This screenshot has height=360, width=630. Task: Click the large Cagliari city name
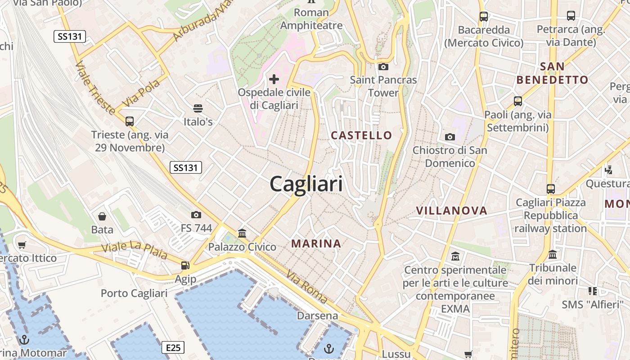[306, 184]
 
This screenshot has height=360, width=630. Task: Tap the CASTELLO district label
[361, 135]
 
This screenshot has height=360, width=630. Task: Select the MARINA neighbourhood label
[316, 243]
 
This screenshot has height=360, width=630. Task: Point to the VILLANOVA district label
[451, 210]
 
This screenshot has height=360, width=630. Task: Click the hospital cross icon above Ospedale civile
[274, 80]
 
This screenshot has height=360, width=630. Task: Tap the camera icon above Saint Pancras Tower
[383, 67]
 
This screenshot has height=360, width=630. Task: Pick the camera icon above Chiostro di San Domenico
[450, 137]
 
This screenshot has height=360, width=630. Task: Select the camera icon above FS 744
[196, 215]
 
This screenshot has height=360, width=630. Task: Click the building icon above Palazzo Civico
[242, 233]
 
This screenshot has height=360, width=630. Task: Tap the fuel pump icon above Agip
[185, 265]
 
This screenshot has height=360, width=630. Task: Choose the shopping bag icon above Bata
[102, 216]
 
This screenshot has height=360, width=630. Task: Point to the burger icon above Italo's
[198, 108]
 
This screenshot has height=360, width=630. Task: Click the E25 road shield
[173, 347]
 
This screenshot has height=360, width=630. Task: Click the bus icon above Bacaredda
[484, 17]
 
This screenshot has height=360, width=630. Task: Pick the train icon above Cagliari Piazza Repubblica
[551, 189]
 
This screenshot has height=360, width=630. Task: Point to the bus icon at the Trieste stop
[130, 121]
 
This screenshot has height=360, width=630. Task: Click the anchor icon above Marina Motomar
[25, 339]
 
